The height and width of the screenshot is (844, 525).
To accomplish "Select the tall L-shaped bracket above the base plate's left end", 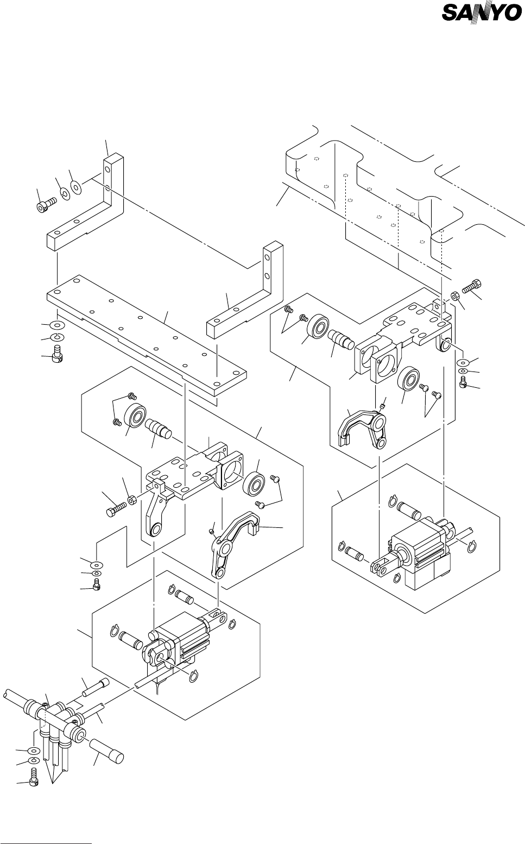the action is pos(85,202).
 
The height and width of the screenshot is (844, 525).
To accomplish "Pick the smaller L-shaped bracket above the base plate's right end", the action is pos(245,290).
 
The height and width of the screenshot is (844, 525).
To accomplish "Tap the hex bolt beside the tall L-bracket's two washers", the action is pos(45,206).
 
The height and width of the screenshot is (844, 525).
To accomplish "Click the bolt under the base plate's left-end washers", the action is pos(57,353).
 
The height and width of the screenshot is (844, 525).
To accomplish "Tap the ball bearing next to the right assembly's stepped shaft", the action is pos(318,326).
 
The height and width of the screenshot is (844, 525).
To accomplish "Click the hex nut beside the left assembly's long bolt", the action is pos(132,500).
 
